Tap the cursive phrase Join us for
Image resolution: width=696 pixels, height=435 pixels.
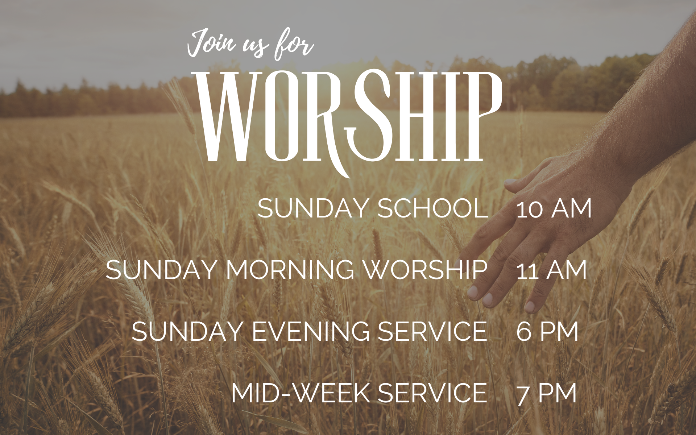250,45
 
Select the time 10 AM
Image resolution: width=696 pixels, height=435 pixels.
554,209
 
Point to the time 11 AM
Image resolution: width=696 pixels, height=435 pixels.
551,270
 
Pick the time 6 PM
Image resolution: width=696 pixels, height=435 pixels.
547,331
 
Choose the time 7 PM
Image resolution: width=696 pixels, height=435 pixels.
547,393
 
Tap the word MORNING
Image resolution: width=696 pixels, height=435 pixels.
290,270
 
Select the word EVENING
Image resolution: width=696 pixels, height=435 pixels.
311,331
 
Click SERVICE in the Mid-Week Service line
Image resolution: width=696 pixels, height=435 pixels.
432,393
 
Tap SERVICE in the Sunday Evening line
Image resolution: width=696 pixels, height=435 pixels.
432,331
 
